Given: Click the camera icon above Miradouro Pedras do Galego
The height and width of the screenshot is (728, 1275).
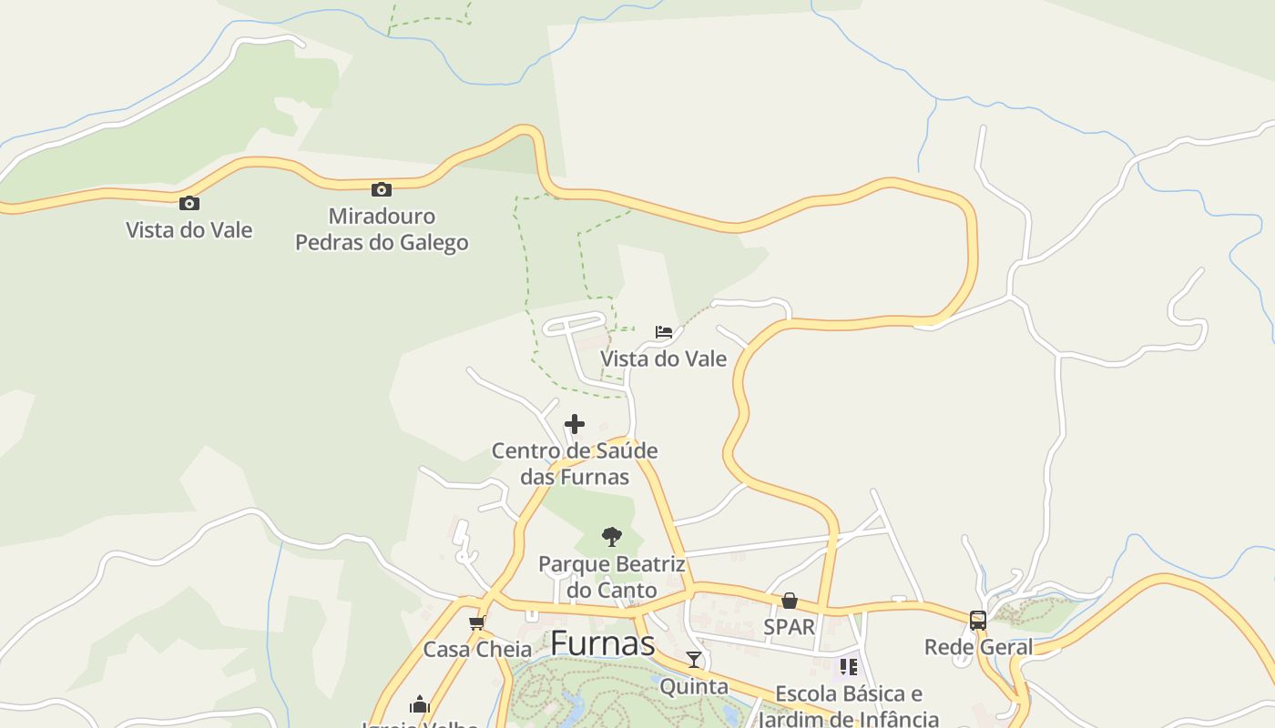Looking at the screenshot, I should coord(382,189).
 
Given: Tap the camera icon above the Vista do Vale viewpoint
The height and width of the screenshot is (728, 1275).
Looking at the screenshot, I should coord(189,203).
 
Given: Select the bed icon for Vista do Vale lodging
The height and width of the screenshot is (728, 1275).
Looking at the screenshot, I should coord(664,331).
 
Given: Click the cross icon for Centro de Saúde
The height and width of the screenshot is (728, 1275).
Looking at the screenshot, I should coord(575,424).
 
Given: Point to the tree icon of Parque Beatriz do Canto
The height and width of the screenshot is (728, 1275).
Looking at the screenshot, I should coord(612,537).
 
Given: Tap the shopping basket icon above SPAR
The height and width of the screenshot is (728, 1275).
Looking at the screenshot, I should coord(790,601).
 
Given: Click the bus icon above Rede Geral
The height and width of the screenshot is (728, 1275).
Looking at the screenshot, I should coord(978,621).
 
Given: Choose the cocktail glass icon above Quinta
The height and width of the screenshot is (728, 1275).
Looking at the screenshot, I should coord(694,660).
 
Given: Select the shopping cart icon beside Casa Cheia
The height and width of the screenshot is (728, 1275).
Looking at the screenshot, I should coord(476,623).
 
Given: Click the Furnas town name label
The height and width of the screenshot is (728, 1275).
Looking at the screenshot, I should coord(603,643).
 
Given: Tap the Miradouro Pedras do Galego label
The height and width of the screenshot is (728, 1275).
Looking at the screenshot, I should coord(382,229).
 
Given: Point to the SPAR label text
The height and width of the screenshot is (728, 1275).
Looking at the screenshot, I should coord(790,627).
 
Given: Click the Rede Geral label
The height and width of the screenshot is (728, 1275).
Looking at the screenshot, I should coord(978,647).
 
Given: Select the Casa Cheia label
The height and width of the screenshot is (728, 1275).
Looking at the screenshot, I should coord(477,650).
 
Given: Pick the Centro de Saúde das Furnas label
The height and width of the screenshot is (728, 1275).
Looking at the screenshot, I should coord(575,463).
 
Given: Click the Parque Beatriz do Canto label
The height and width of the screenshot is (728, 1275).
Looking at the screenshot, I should coord(612,576).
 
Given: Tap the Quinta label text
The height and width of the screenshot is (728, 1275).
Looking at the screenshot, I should coord(694,686).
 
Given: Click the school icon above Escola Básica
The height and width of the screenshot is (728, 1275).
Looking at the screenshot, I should coord(849,667).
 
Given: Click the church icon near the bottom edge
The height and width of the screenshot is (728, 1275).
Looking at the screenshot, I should coord(420,704).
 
